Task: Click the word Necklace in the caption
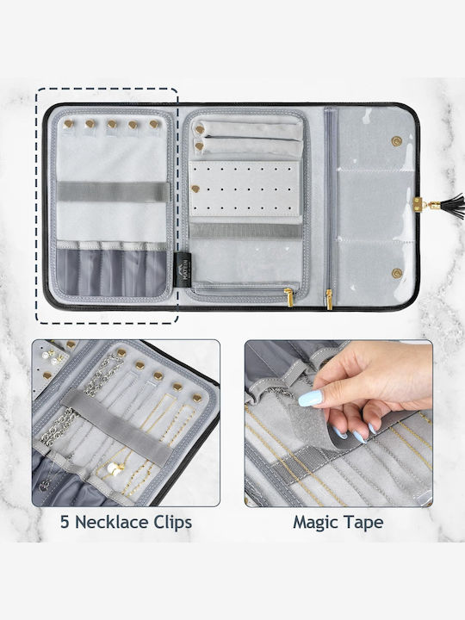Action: coord(107,522)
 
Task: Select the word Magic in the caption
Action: coord(315,523)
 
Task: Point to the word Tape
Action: coord(363,523)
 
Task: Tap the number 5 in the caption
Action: coord(65,522)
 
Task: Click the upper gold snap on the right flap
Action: coord(396,141)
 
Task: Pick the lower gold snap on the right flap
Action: coord(396,273)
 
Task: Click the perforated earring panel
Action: coord(244,189)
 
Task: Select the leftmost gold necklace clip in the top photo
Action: coord(69,124)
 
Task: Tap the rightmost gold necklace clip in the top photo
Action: coord(154,124)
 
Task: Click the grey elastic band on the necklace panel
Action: coord(113,192)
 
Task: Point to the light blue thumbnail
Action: coord(311,398)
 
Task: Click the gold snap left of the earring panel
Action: coord(195,189)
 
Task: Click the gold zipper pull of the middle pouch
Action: coord(288,297)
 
